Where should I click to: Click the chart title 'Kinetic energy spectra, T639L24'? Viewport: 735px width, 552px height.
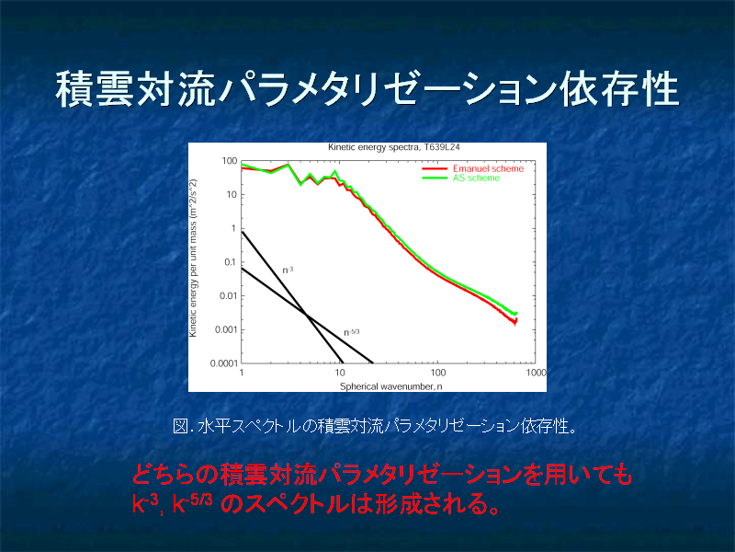(394, 147)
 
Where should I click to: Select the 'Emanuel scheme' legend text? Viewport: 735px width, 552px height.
(488, 168)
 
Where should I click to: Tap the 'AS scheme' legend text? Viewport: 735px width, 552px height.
(476, 178)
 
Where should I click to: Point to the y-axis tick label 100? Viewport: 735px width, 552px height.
(230, 161)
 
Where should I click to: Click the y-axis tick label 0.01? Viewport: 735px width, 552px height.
(229, 295)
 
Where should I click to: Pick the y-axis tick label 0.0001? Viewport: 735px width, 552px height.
(224, 363)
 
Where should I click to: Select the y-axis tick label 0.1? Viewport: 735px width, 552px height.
(230, 262)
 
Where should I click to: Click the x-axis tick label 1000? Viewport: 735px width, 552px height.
(537, 373)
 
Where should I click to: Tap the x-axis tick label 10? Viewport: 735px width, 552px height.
(339, 373)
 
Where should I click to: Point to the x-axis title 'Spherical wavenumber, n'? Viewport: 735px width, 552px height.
(390, 386)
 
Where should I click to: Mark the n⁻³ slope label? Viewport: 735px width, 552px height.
(288, 270)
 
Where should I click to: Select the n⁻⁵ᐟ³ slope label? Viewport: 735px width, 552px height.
(352, 332)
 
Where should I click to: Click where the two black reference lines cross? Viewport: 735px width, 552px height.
(306, 315)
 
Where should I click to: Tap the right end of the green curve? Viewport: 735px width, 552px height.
(516, 313)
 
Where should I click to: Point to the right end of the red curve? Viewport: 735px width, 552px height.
(516, 322)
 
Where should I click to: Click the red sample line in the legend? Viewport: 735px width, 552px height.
(435, 168)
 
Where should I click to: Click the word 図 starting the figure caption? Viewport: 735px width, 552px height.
(180, 426)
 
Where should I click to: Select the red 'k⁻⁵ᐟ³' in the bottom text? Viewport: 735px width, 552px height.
(192, 503)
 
